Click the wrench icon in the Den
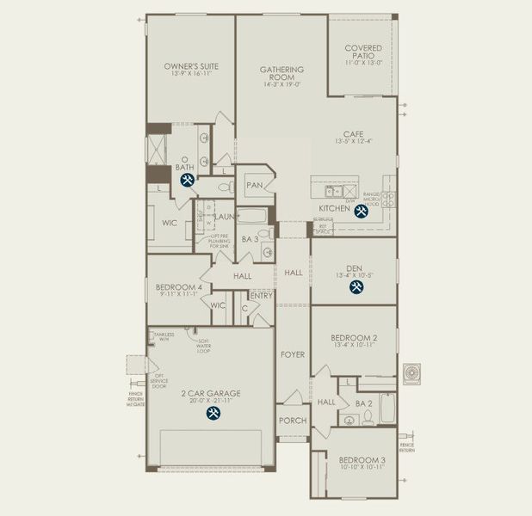pos(356,288)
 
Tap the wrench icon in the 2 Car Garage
pos(212,413)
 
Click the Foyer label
pos(292,353)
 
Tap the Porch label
pos(292,421)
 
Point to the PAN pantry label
pos(254,185)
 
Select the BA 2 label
pos(363,402)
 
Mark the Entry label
pos(262,296)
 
